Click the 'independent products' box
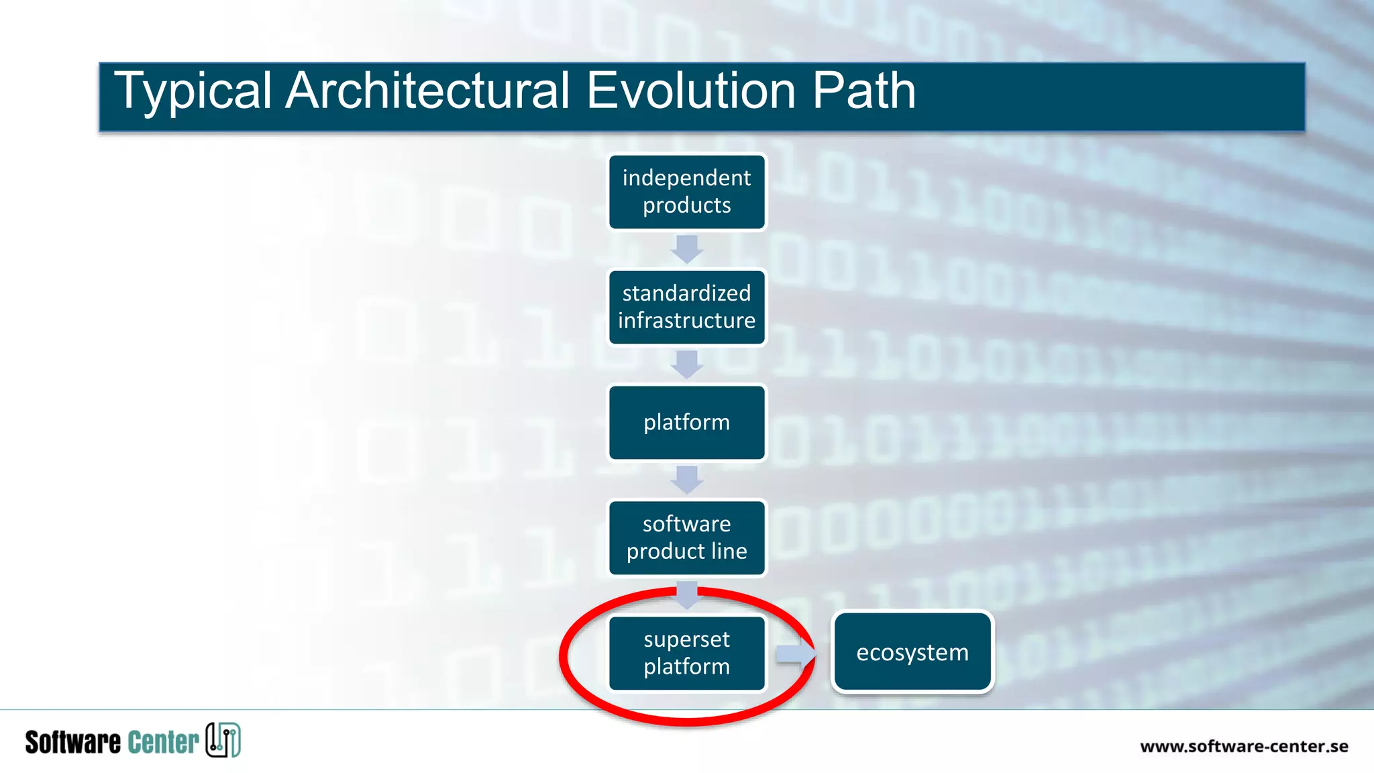(686, 192)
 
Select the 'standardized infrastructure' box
(686, 307)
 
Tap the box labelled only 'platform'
(686, 423)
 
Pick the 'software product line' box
(686, 537)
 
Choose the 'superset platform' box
(686, 653)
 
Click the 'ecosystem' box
(912, 652)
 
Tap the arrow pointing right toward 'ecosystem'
(796, 654)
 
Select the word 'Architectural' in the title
(427, 91)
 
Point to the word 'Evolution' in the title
(691, 91)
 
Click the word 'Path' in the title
(864, 91)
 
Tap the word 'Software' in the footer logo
(72, 742)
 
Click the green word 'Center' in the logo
(163, 742)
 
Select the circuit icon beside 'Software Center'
(223, 740)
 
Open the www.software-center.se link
(1244, 746)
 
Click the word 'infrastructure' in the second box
(686, 321)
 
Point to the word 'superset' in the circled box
(686, 639)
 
